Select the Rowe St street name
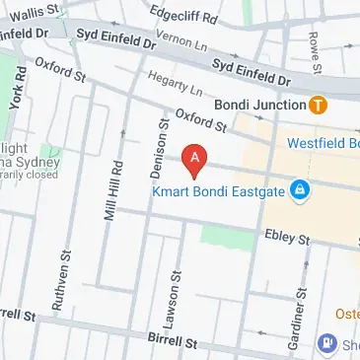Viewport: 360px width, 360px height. tap(314, 41)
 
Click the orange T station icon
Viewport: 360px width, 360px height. tap(318, 105)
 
